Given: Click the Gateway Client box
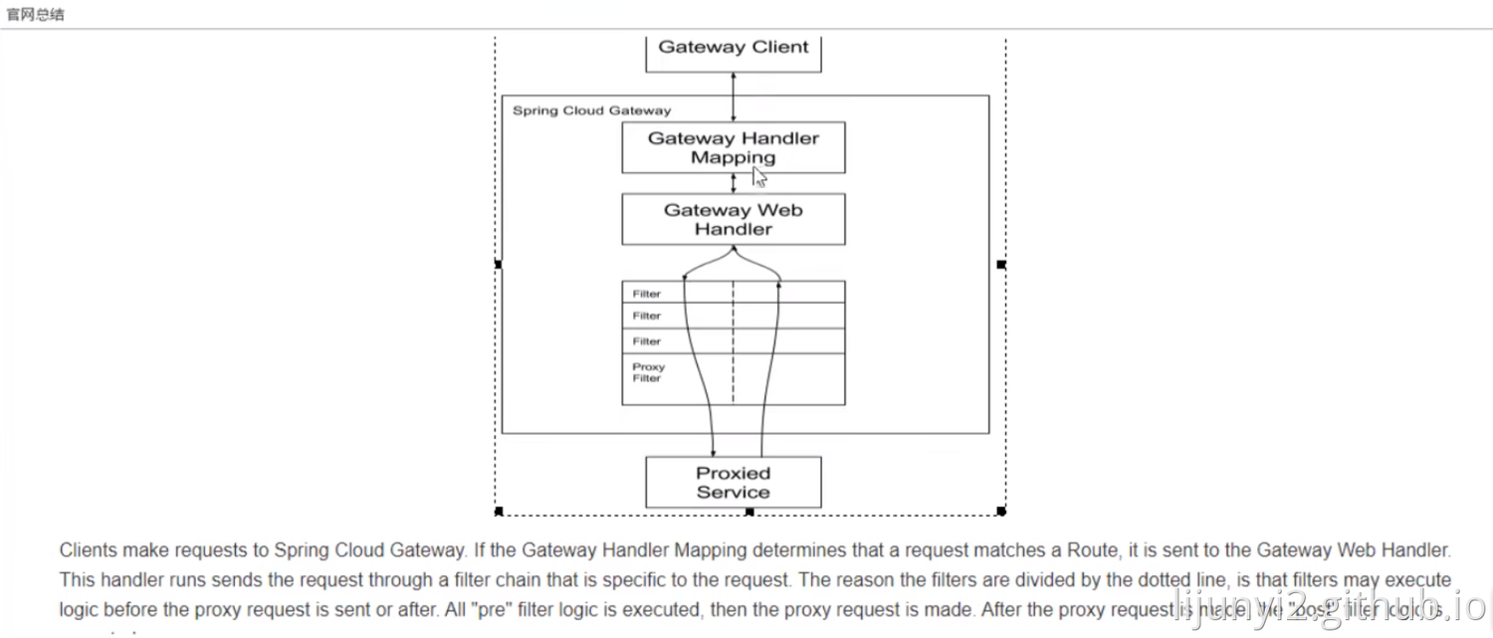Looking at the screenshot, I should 734,50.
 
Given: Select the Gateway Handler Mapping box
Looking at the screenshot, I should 734,148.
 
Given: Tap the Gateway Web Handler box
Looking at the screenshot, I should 734,219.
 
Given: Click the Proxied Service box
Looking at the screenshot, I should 734,483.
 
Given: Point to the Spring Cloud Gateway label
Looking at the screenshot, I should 591,110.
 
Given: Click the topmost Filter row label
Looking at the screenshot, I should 647,295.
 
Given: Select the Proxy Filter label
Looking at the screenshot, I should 648,372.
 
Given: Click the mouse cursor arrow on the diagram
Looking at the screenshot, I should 759,177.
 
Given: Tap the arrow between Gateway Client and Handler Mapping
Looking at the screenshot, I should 734,97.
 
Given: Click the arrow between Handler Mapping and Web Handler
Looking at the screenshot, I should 734,183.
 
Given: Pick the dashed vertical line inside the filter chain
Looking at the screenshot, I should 734,343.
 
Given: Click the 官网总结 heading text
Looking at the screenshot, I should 36,14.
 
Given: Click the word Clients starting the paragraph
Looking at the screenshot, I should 89,550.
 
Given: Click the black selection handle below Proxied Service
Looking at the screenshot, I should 749,512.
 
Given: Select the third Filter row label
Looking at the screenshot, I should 647,341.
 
